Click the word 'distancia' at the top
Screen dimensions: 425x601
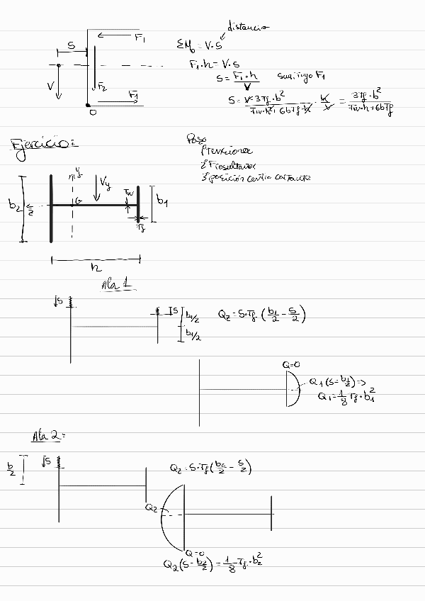247,28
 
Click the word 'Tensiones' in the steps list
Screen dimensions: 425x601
226,150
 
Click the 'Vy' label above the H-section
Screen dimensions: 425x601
106,184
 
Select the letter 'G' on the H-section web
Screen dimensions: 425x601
78,201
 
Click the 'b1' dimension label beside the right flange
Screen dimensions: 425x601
162,202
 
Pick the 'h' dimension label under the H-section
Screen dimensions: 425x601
96,268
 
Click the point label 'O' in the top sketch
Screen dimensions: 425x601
92,111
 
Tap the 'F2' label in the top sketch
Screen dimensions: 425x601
102,87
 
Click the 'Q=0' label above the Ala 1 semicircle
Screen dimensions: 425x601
290,364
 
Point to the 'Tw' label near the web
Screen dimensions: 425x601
128,192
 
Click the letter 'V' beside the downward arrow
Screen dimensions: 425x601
50,86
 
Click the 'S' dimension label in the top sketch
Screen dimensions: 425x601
71,46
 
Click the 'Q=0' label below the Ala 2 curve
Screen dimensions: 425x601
195,552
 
